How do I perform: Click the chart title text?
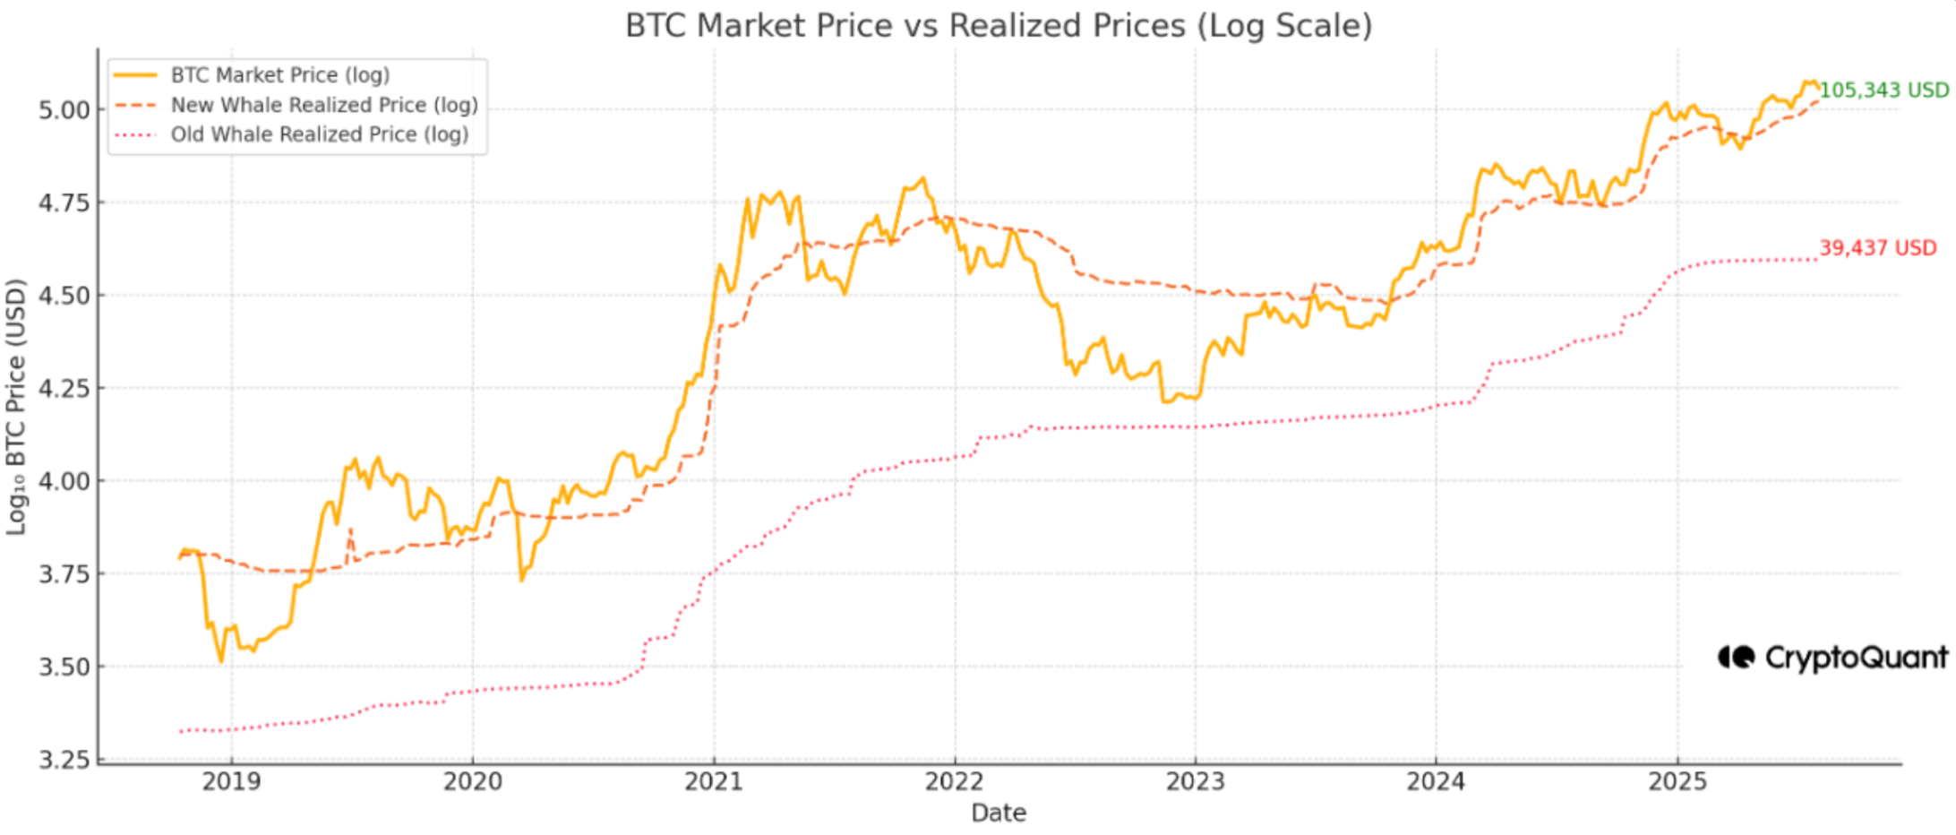[x=998, y=26]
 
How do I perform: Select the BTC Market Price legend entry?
[x=279, y=75]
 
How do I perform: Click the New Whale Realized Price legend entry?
[x=323, y=105]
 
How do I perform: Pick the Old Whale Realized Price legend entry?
[x=319, y=134]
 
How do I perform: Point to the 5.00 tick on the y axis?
[x=64, y=110]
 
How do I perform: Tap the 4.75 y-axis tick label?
[x=64, y=203]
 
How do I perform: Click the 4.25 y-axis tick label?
[x=64, y=389]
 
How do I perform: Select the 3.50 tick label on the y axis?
[x=64, y=667]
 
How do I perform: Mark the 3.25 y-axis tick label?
[x=64, y=761]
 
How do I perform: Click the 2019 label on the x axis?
[x=232, y=782]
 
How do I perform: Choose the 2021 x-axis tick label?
[x=714, y=782]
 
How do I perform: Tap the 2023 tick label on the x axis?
[x=1195, y=782]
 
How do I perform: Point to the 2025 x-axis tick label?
[x=1677, y=782]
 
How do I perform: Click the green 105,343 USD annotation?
[x=1883, y=90]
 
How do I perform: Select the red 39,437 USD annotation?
[x=1877, y=248]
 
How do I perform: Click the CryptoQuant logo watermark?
[x=1832, y=659]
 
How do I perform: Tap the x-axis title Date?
[x=999, y=813]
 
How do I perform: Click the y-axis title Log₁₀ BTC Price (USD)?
[x=16, y=408]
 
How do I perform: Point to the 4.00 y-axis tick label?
[x=64, y=482]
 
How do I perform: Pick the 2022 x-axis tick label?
[x=954, y=782]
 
